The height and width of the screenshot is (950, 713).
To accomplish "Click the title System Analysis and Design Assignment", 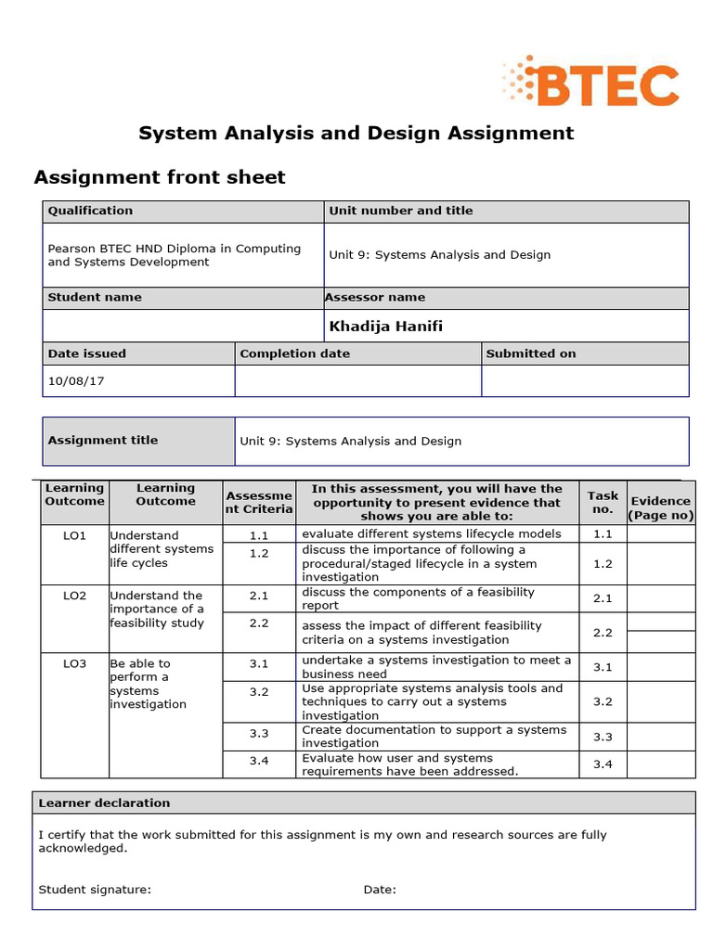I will (356, 133).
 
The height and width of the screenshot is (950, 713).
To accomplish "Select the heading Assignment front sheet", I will (160, 177).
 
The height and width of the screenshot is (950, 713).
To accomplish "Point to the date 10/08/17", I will (70, 380).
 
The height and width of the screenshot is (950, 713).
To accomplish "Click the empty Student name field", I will (182, 326).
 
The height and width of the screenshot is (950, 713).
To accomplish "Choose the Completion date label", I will (294, 353).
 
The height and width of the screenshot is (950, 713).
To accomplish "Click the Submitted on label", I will (531, 353).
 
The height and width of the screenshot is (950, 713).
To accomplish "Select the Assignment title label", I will (103, 441).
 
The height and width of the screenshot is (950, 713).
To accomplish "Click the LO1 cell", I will (74, 536).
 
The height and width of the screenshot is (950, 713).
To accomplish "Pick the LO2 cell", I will (74, 596).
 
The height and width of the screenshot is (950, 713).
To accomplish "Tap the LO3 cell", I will (74, 664).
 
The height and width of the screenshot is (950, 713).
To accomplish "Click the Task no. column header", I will (603, 502).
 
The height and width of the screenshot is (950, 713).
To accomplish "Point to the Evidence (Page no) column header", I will (660, 507).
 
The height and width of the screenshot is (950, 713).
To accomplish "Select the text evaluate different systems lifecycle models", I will (432, 533).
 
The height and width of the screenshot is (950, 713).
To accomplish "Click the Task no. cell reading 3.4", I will (603, 764).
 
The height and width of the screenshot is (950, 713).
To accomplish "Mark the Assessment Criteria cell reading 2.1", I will (258, 596).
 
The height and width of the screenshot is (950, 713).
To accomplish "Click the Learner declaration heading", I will (104, 802).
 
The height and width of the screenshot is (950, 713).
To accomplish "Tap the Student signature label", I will (95, 890).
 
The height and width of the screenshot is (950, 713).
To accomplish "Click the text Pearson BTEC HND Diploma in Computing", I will (175, 249).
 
